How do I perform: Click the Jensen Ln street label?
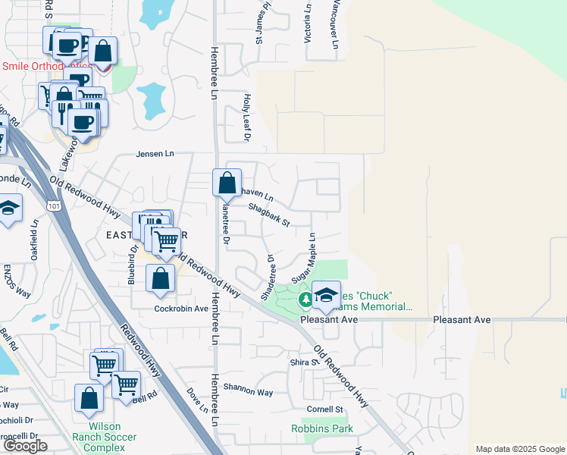point(155,154)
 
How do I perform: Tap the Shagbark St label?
point(269,215)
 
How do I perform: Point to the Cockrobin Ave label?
point(181,309)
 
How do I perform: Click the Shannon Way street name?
point(247,392)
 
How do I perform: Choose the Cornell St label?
point(325,409)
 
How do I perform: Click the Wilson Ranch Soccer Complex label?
point(105,442)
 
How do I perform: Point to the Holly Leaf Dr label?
point(246,118)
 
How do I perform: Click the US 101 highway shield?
point(53,206)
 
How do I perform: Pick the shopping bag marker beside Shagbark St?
point(227,182)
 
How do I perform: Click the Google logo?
point(25,446)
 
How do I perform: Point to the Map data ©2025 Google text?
point(519,449)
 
